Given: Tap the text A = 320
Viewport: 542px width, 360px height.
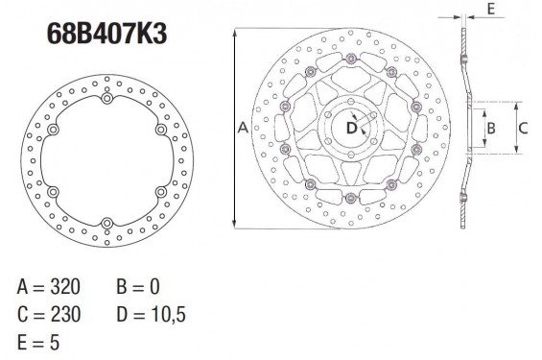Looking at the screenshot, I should [48, 287].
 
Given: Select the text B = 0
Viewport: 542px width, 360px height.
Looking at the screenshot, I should [142, 287].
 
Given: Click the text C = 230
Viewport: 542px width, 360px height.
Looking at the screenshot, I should [48, 314].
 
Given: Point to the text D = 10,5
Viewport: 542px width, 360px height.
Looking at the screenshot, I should [153, 314].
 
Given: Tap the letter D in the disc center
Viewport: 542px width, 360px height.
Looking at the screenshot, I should [351, 127].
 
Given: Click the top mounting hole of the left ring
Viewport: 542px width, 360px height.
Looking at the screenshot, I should [106, 99].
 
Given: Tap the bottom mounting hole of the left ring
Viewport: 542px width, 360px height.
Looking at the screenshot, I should [106, 225].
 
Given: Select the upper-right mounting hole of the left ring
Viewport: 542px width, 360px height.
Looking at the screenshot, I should [159, 131].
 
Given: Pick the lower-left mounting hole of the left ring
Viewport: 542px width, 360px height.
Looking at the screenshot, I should [52, 193].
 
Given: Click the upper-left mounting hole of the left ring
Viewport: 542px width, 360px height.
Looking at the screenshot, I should [52, 131].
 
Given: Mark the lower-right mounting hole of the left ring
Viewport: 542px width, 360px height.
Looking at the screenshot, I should [159, 193].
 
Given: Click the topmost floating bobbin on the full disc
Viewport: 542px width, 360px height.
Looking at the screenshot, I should [351, 60].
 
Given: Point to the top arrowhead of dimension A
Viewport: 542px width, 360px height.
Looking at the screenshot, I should [234, 33].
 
